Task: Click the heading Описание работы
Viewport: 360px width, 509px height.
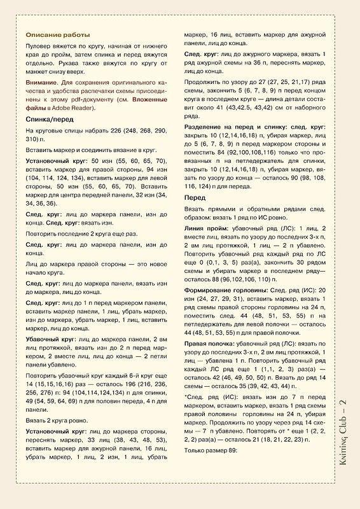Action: coord(57,34)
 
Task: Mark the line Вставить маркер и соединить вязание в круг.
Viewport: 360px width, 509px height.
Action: coord(87,148)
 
